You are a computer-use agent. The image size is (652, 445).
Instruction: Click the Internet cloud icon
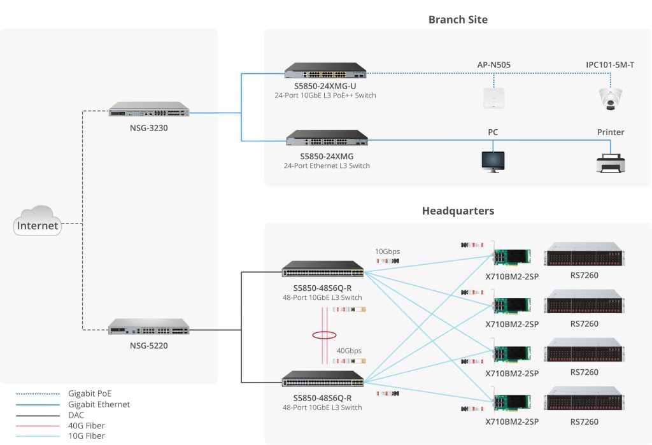pos(38,222)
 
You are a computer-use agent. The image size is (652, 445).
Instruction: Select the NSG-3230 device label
pos(150,128)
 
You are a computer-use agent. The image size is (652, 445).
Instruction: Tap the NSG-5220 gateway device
pos(149,327)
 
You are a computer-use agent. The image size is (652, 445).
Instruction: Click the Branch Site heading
pos(458,20)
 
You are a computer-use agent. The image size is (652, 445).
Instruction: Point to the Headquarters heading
pos(458,211)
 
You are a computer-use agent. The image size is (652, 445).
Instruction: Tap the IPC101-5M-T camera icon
pos(609,98)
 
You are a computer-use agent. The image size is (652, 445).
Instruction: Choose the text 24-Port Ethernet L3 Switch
pos(327,166)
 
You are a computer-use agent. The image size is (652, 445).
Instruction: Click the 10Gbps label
pos(387,251)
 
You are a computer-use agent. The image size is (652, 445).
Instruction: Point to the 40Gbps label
pos(349,351)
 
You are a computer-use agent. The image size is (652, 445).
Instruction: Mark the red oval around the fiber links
pos(324,335)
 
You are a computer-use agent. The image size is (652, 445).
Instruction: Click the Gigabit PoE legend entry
pos(90,393)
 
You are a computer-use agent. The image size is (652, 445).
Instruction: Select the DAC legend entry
pos(76,415)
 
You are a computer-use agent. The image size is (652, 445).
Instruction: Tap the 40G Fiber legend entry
pos(86,425)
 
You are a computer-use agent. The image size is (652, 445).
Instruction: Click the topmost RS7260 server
pos(584,255)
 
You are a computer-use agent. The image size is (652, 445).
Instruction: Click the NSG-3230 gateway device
pos(149,109)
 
